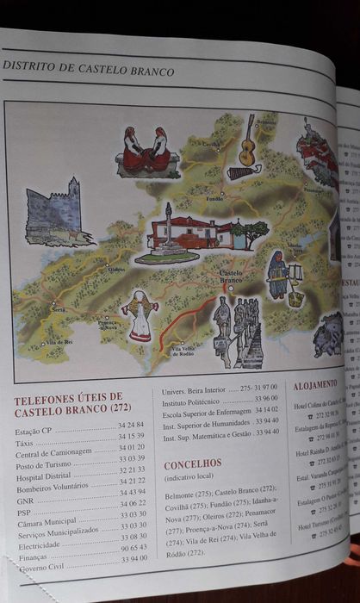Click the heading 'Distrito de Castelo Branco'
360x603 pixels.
(89, 70)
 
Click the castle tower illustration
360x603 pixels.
(54, 212)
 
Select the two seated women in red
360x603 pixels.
(146, 150)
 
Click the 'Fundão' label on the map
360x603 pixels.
(214, 199)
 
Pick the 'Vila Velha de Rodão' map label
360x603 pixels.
(189, 351)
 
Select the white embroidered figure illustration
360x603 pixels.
(140, 314)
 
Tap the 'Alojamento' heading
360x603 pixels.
(314, 385)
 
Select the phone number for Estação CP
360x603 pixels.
(131, 426)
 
